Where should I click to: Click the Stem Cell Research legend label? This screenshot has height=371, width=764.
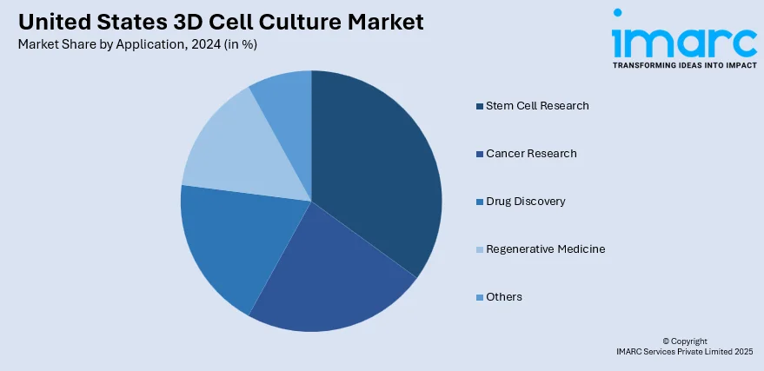tap(537, 106)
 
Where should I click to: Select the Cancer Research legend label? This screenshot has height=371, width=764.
tap(531, 154)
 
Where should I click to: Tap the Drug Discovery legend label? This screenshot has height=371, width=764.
tap(525, 202)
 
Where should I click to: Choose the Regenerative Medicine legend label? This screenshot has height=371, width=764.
tap(545, 249)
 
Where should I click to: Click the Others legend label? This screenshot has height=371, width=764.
tap(504, 297)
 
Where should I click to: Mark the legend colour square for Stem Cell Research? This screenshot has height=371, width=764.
tap(479, 107)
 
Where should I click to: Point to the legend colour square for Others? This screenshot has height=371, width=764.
tap(479, 298)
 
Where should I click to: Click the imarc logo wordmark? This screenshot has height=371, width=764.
tap(683, 39)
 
